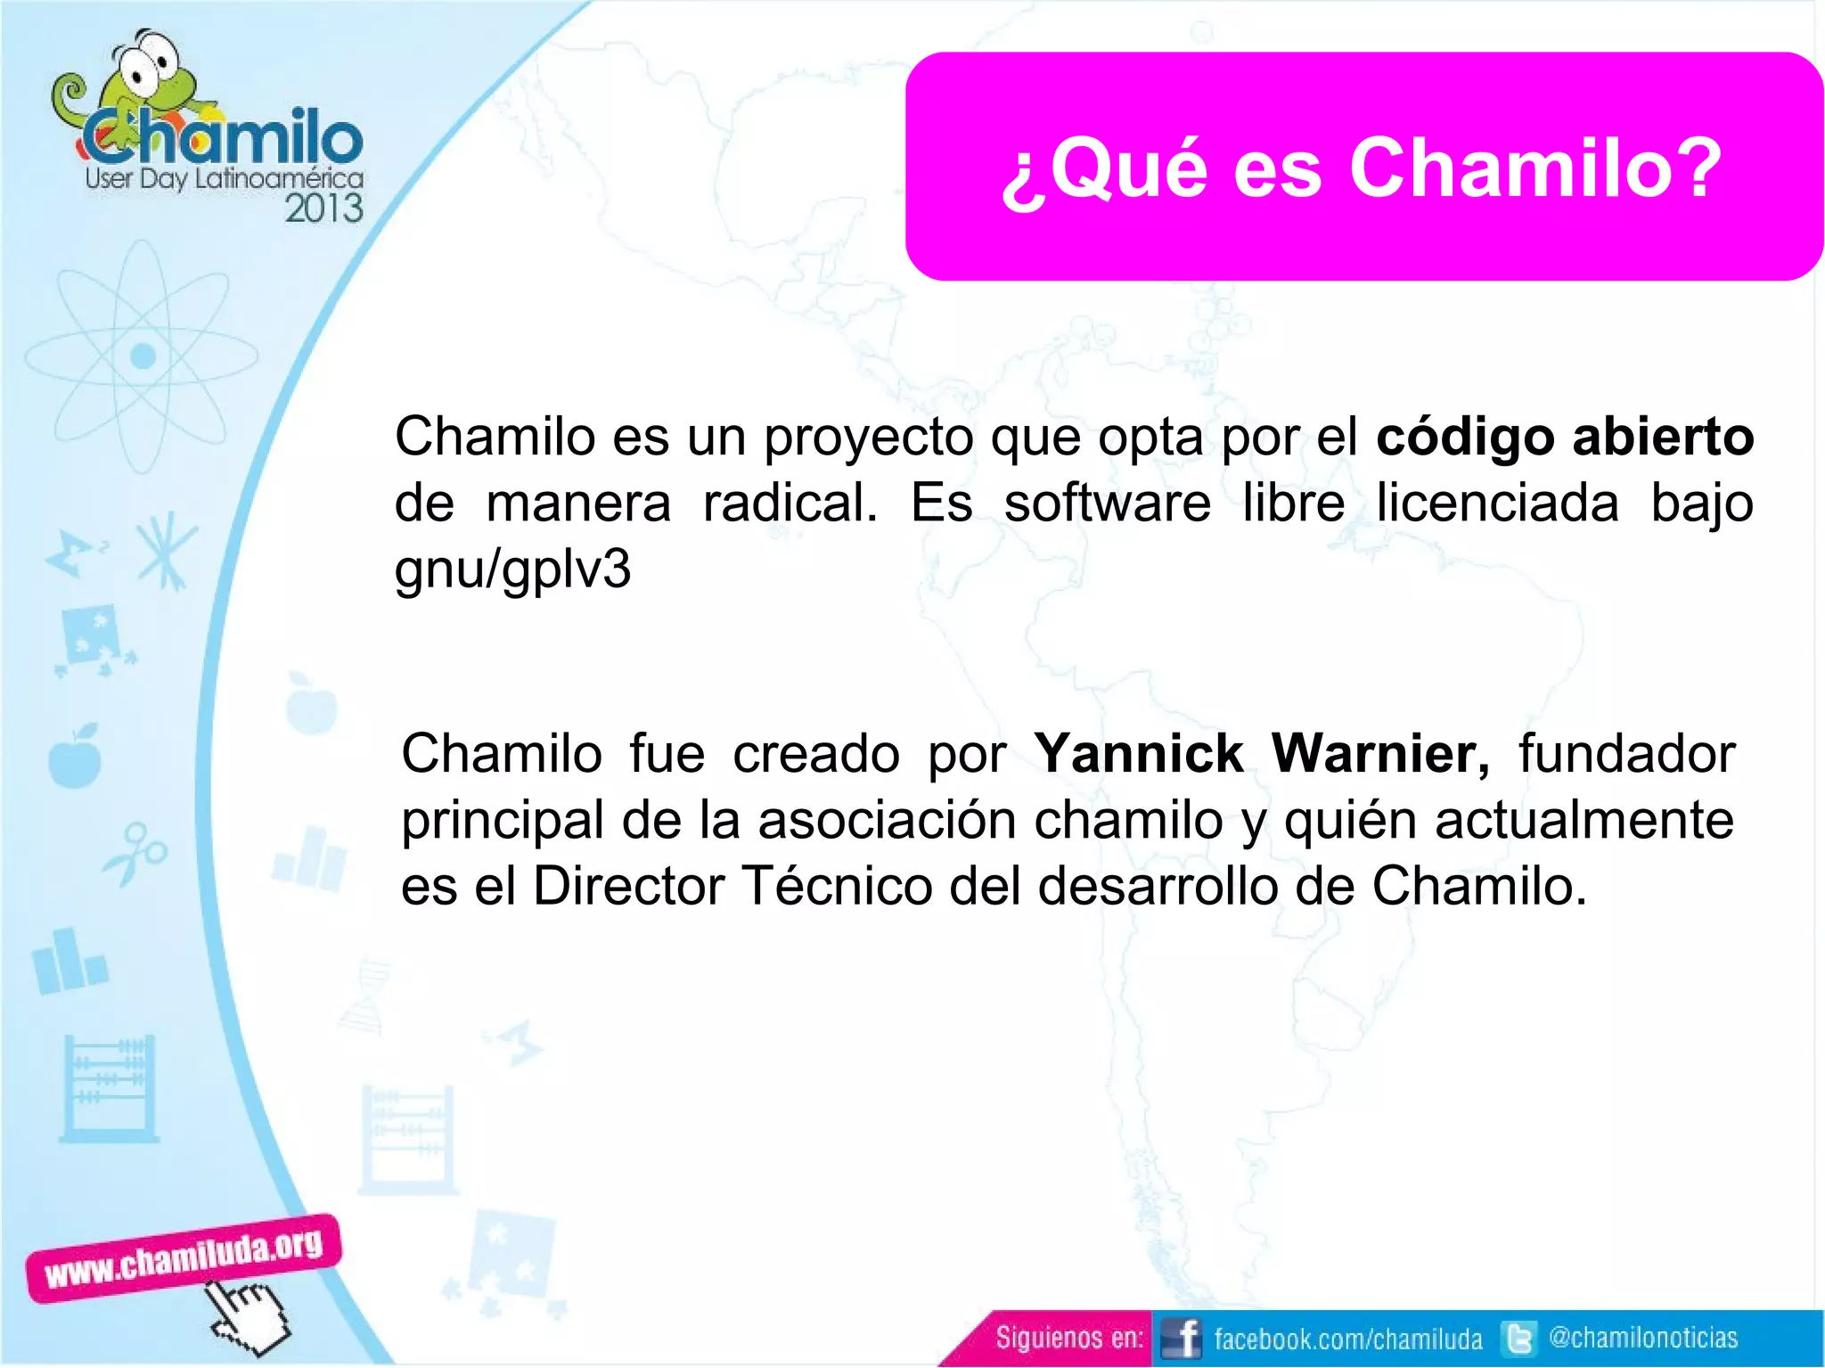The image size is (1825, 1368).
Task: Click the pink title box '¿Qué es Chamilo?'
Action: (1363, 167)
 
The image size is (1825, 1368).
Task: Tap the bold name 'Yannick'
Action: (1138, 754)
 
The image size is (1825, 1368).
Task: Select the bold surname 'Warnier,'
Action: (1379, 754)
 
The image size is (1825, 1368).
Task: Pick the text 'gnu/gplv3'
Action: (512, 569)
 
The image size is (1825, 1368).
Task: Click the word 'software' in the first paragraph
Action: (1107, 503)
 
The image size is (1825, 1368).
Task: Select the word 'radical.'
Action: (790, 503)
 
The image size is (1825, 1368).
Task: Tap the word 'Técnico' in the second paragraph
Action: (837, 886)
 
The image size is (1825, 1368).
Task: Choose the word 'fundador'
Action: (1626, 754)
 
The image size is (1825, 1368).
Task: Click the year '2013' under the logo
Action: (323, 209)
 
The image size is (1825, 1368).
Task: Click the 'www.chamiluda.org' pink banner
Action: (184, 1257)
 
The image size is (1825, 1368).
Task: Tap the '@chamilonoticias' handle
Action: (1643, 1338)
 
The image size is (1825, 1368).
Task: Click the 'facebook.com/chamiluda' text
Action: (1347, 1339)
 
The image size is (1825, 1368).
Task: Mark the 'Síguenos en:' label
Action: (1068, 1338)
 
